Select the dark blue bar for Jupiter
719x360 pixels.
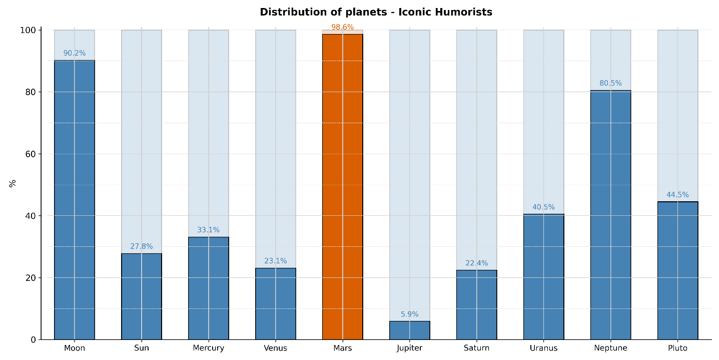click(x=409, y=330)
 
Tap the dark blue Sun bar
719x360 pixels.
click(x=141, y=296)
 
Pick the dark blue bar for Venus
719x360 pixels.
click(x=275, y=303)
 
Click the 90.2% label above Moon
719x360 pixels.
click(x=74, y=53)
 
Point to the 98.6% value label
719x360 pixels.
click(x=342, y=27)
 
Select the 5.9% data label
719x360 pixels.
click(x=409, y=314)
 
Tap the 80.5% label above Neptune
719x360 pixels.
click(x=610, y=83)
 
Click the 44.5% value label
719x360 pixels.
click(x=677, y=195)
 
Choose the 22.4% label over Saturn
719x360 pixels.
click(x=476, y=263)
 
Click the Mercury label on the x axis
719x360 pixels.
click(x=208, y=348)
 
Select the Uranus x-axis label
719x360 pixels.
click(x=543, y=348)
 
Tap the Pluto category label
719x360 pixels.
click(x=677, y=348)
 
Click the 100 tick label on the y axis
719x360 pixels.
click(x=28, y=30)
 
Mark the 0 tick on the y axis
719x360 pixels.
click(x=34, y=339)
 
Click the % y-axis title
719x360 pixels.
click(x=13, y=183)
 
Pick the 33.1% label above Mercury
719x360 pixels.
click(x=208, y=230)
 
